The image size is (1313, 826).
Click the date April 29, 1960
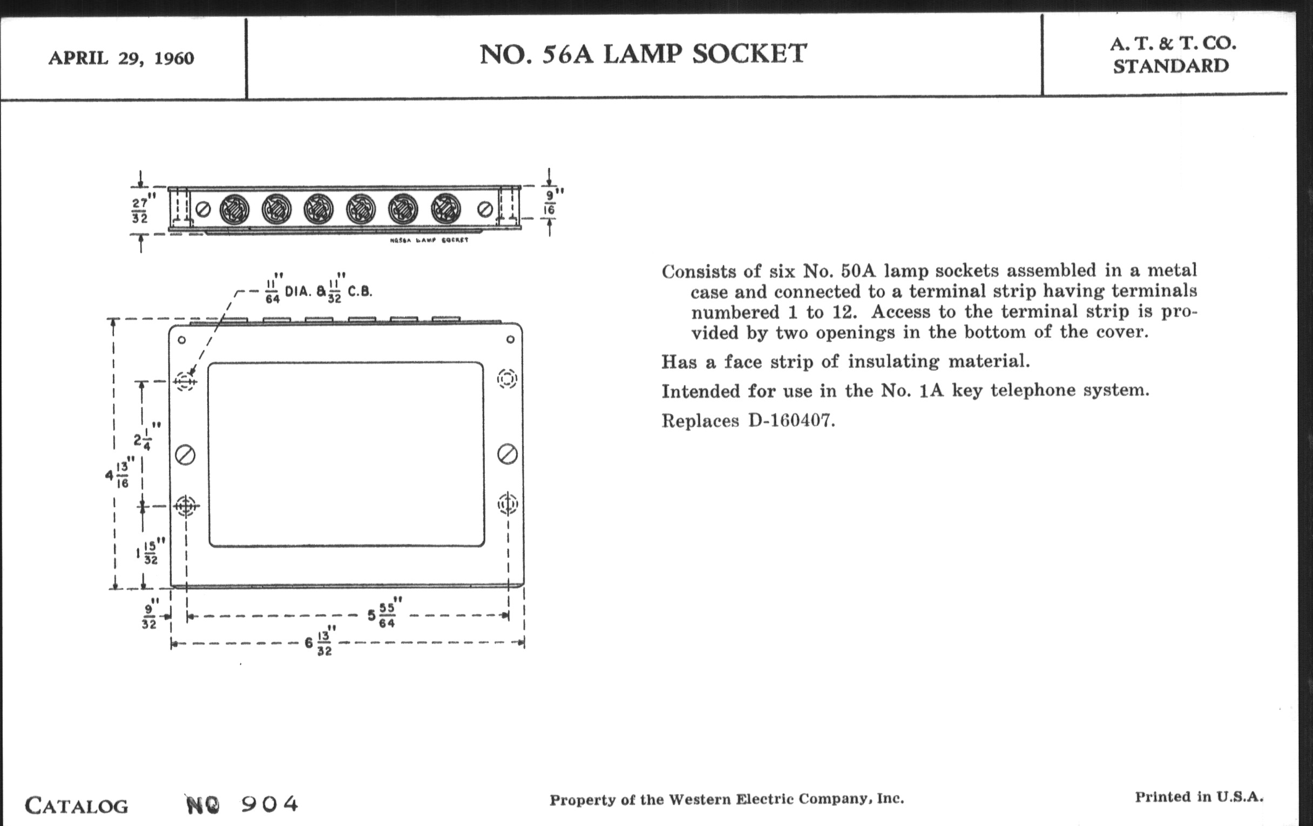[121, 58]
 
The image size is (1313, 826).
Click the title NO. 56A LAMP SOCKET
[643, 54]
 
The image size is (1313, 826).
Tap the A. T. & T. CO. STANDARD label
[1172, 55]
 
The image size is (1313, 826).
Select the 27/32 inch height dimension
[141, 210]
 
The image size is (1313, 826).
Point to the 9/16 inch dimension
[550, 202]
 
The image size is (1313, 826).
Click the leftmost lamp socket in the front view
[234, 209]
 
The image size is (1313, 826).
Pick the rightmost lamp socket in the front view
[445, 209]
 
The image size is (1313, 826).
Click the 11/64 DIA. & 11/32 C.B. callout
[319, 290]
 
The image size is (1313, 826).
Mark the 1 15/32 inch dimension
[148, 552]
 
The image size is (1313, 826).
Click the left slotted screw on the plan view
[185, 455]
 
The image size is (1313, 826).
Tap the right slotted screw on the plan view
[507, 453]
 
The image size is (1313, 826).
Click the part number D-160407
[791, 421]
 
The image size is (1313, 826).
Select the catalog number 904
[270, 804]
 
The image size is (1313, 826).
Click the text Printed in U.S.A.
[1199, 797]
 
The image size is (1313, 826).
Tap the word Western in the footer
[699, 800]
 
